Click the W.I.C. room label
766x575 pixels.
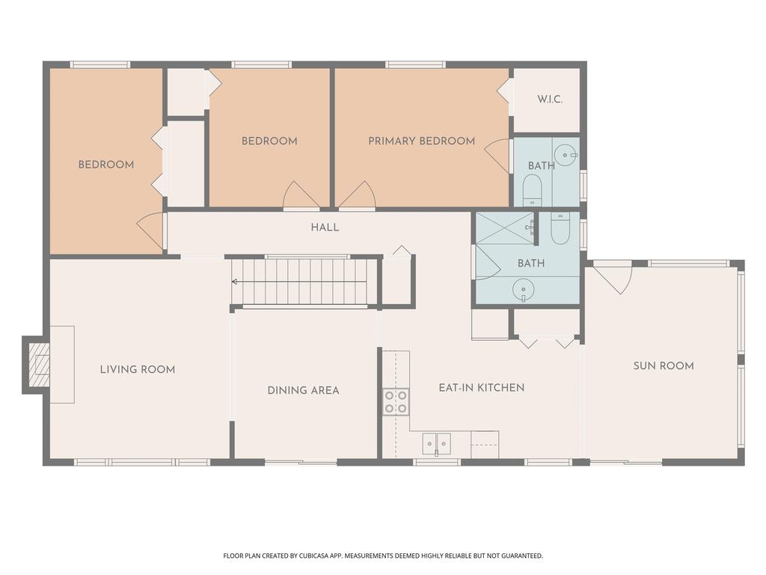(550, 100)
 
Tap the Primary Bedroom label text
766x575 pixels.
(421, 141)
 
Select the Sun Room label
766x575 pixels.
(663, 366)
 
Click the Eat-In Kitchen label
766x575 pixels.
(481, 387)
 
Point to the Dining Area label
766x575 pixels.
(303, 390)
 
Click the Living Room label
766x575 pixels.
(138, 369)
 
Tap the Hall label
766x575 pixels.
(325, 227)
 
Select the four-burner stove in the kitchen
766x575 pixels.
(396, 401)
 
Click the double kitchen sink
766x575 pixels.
(436, 443)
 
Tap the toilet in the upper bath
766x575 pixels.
(532, 189)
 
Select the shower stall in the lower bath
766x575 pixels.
(505, 228)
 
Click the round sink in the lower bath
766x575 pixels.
(523, 289)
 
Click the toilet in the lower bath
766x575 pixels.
(560, 228)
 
